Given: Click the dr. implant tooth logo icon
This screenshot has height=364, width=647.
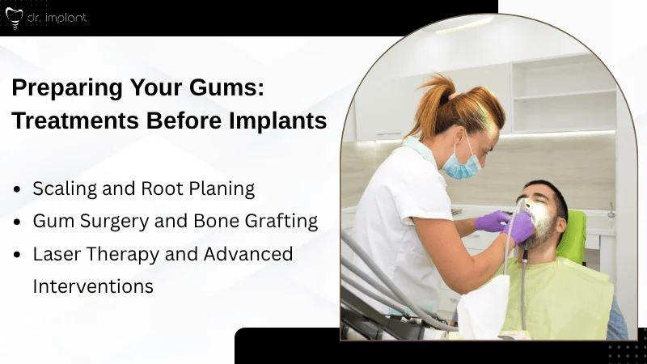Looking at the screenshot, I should tap(14, 17).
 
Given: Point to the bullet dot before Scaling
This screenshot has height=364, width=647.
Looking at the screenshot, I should tap(18, 189).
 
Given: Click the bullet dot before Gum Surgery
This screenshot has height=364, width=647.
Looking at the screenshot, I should tap(18, 222).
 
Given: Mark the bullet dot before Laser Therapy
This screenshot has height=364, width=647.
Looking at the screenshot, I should tap(18, 254).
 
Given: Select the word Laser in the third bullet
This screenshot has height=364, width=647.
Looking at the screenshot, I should tap(57, 254).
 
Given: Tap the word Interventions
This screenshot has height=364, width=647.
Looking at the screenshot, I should tap(93, 286).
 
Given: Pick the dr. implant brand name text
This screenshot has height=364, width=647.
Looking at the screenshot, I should tap(57, 17).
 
